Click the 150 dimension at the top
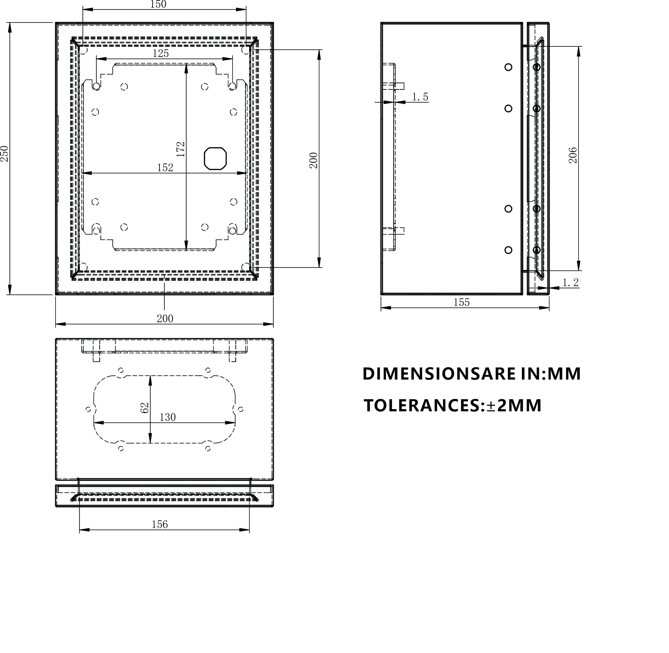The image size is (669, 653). point(158,4)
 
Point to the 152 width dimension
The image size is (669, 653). point(165,168)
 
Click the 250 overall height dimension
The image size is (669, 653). point(4,154)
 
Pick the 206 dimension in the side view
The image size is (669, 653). point(573,155)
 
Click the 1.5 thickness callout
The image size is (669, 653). point(420,97)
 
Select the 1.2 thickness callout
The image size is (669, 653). point(570,283)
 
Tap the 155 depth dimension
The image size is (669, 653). point(461,303)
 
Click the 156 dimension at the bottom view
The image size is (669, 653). point(160,524)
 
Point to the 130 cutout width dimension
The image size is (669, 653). point(167,417)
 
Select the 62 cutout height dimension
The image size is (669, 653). point(145,408)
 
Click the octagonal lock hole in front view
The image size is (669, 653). point(215,158)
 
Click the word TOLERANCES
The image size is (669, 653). point(422,406)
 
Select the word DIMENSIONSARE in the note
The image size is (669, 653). point(439,374)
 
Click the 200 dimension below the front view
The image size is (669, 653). point(165,319)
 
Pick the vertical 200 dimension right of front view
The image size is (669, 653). point(314,160)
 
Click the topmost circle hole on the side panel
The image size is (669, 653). point(508,67)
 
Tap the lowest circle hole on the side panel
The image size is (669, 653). point(508,250)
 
